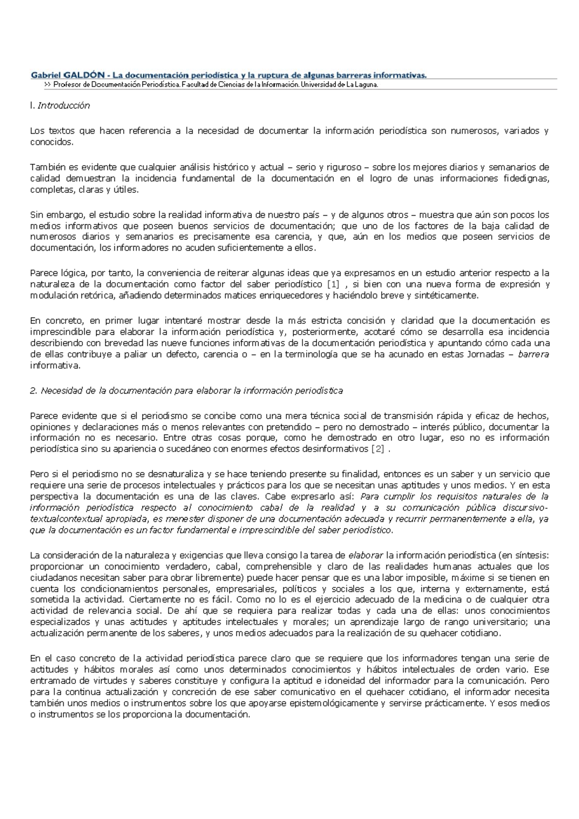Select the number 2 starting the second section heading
tap(33, 391)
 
